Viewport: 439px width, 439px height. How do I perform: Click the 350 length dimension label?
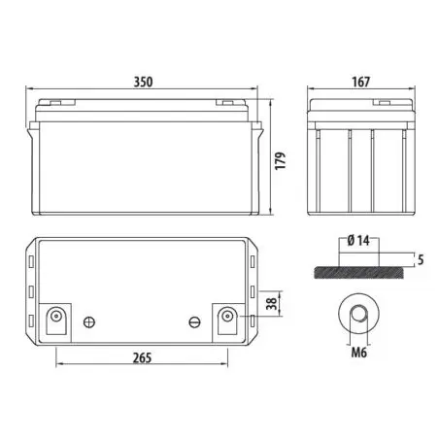pyautogui.click(x=143, y=82)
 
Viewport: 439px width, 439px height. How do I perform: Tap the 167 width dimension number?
pyautogui.click(x=360, y=82)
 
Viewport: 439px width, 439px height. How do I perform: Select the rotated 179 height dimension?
pyautogui.click(x=281, y=160)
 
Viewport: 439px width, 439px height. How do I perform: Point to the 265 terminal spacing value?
pyautogui.click(x=142, y=357)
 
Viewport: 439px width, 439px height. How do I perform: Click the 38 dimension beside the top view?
pyautogui.click(x=272, y=304)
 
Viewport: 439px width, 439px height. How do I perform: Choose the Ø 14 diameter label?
pyautogui.click(x=358, y=241)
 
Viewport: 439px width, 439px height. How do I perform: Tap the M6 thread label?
pyautogui.click(x=359, y=353)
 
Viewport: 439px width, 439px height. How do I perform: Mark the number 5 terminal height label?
pyautogui.click(x=421, y=259)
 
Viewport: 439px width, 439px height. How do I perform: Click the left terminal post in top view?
pyautogui.click(x=56, y=316)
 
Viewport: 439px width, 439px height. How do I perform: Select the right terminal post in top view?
pyautogui.click(x=227, y=316)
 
